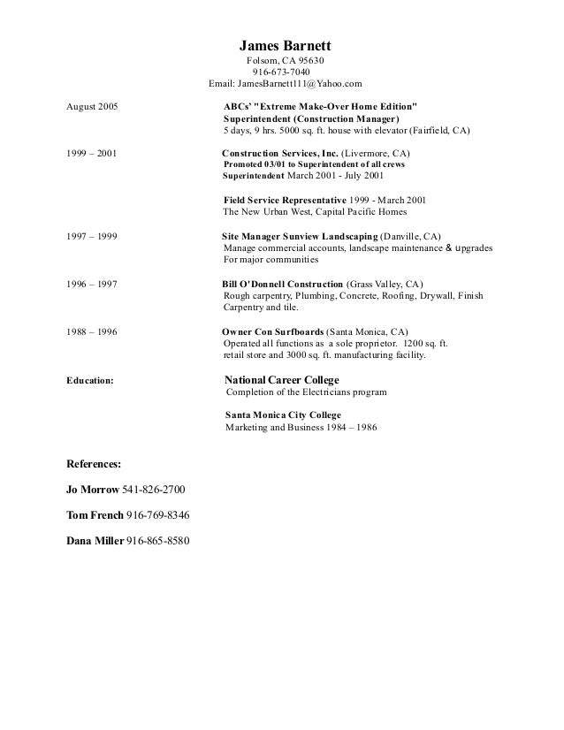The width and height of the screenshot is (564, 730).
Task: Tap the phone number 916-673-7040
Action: [x=281, y=72]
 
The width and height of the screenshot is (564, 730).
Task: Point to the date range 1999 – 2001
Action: [x=92, y=153]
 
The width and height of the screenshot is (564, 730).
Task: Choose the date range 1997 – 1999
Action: [x=92, y=237]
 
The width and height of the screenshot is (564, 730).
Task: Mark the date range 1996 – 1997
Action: [x=92, y=285]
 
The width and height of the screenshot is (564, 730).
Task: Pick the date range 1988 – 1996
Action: [x=92, y=332]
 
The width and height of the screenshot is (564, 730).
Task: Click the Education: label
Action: [x=90, y=381]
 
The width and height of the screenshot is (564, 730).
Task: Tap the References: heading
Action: [x=95, y=462]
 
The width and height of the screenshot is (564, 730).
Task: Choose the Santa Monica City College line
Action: [x=283, y=414]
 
